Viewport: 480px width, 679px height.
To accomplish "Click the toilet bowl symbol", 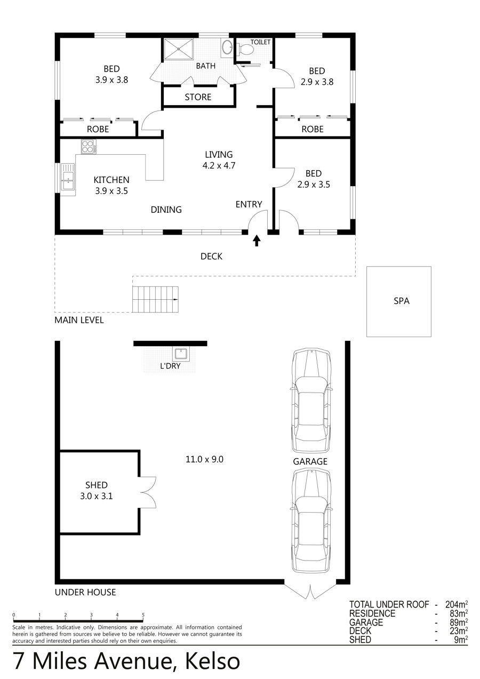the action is pos(245,49).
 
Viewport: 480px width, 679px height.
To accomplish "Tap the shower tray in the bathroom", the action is pos(179,49).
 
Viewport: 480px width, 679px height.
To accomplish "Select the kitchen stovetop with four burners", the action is pos(89,147).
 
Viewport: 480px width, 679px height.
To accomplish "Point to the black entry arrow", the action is pos(257,241).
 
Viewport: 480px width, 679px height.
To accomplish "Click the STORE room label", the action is pos(198,97).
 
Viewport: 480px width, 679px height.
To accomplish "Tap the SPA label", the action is pos(402,301).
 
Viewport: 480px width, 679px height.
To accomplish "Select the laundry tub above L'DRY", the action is pos(181,354).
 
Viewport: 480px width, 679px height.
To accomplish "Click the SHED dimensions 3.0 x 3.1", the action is pos(97,496).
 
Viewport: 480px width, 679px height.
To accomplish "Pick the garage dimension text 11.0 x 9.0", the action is pos(205,459).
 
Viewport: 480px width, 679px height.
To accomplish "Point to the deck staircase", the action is pos(155,299).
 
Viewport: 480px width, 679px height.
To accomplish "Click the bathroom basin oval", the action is pos(226,47).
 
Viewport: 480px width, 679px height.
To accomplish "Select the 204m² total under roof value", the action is pos(457,605).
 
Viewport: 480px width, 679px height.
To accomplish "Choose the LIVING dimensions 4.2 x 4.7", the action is pos(219,165).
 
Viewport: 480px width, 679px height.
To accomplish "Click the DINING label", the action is pos(166,210).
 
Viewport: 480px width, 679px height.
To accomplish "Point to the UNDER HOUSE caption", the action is pos(85,592).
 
